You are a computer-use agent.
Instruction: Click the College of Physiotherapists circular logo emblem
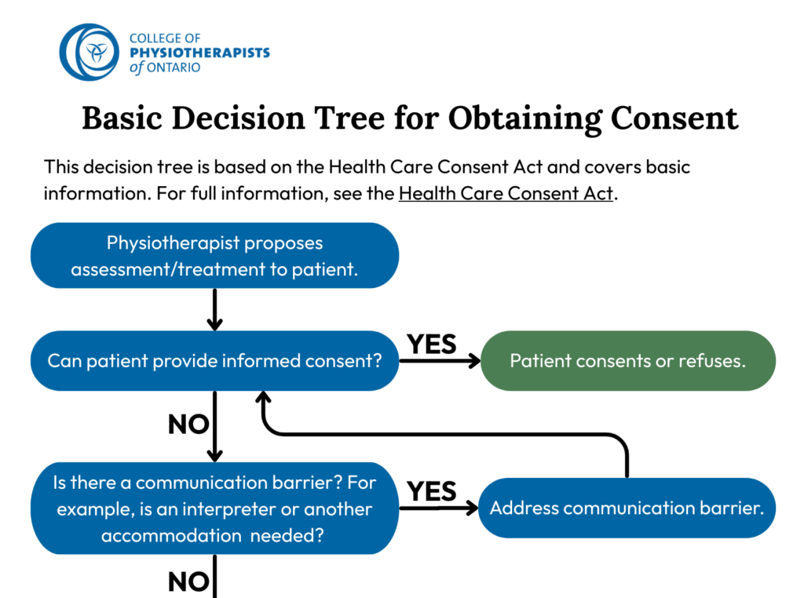[x=90, y=52]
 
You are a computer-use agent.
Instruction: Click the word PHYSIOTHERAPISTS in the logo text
[x=199, y=53]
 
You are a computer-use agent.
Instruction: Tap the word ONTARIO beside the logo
[x=174, y=67]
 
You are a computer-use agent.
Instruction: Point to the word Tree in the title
[x=349, y=118]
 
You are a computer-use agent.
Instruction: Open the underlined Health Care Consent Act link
[x=506, y=193]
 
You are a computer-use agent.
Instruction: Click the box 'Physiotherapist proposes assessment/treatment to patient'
[x=215, y=255]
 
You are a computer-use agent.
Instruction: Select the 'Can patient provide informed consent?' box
[x=215, y=361]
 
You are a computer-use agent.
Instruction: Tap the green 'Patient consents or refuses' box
[x=628, y=361]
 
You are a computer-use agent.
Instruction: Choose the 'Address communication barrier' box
[x=627, y=508]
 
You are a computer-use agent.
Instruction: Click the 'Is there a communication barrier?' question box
[x=215, y=509]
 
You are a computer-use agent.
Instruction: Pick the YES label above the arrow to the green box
[x=431, y=344]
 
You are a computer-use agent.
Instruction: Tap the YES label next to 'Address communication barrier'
[x=431, y=491]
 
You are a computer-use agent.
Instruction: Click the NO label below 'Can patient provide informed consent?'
[x=188, y=425]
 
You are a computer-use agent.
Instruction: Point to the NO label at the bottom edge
[x=188, y=582]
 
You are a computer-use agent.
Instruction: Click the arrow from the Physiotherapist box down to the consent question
[x=215, y=309]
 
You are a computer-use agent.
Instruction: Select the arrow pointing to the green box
[x=440, y=361]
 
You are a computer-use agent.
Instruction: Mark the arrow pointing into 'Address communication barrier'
[x=439, y=509]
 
